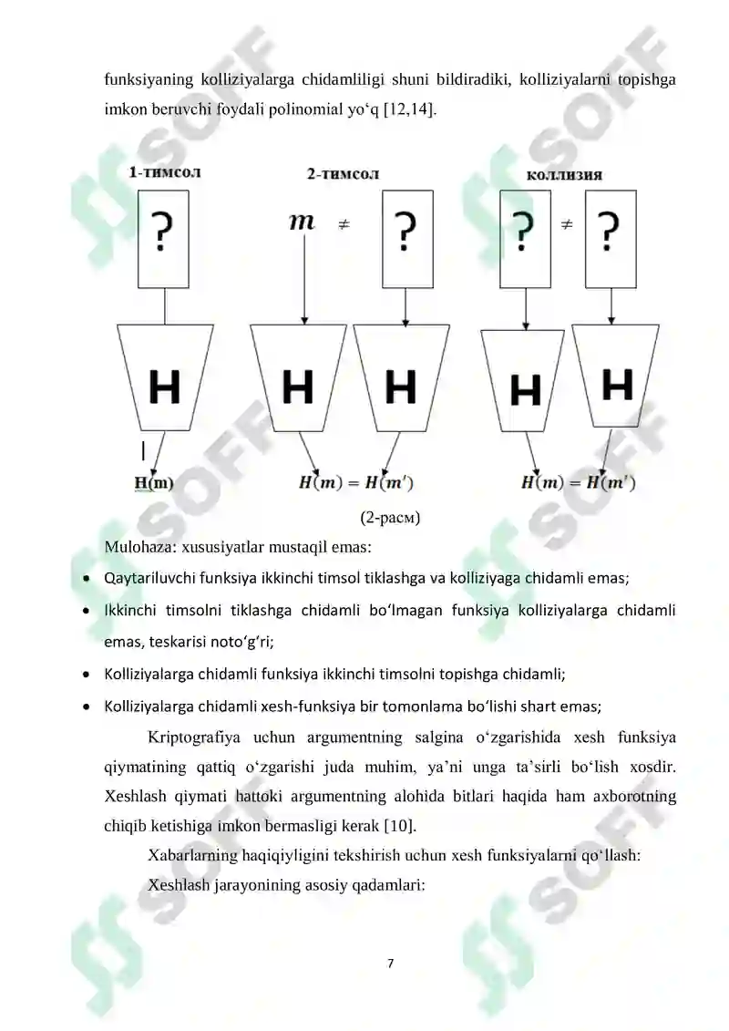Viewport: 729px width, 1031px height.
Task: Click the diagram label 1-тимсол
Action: (x=164, y=171)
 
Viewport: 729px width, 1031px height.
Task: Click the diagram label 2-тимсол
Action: (x=343, y=173)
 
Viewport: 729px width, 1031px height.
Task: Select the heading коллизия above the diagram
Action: (x=564, y=175)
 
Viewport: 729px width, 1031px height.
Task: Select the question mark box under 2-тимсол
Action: (x=405, y=235)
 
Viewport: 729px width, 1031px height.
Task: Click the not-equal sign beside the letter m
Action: (x=344, y=223)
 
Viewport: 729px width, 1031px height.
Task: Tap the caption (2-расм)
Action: (x=389, y=519)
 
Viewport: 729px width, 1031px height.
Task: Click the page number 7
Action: (x=390, y=963)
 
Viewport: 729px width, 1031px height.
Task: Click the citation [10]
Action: (x=401, y=826)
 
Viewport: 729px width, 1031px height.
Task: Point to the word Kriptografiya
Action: (x=192, y=737)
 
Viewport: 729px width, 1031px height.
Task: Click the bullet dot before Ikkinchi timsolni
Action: (x=86, y=609)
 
